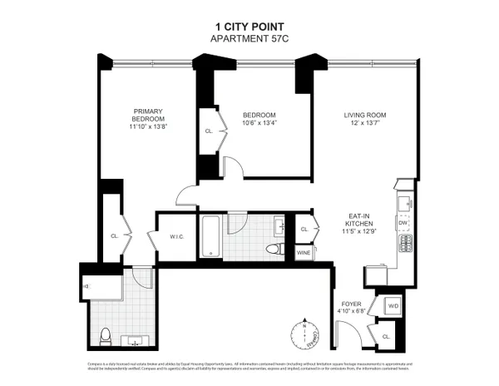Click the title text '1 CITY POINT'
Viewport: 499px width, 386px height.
pos(249,26)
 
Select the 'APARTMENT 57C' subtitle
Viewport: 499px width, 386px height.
pos(249,38)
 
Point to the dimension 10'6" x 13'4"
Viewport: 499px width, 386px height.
pos(259,124)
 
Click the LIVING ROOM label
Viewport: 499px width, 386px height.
pos(366,115)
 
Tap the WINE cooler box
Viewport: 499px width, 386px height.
pos(304,251)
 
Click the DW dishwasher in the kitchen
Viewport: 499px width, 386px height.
pos(403,223)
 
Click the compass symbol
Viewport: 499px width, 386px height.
pos(306,334)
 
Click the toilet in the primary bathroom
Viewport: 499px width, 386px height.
pos(106,337)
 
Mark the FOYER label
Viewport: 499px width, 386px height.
pos(351,304)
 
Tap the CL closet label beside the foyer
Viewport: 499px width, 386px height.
pos(386,336)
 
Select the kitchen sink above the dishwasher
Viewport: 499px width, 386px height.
pos(403,202)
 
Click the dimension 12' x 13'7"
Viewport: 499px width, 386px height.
pos(366,124)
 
